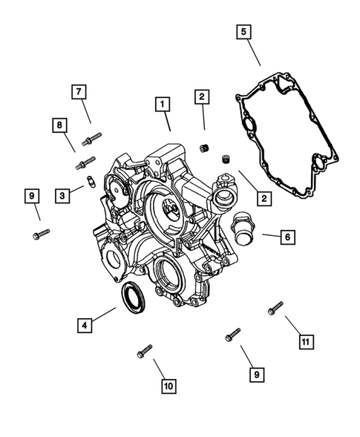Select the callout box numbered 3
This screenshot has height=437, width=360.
63,195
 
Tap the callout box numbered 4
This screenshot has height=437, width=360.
86,324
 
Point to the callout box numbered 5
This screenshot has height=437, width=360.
243,32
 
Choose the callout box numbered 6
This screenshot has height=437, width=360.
287,237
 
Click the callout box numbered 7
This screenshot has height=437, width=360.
78,91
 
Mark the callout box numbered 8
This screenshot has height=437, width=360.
58,125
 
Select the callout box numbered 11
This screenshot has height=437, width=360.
304,341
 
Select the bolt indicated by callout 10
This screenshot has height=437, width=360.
144,352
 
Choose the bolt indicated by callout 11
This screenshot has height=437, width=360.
275,308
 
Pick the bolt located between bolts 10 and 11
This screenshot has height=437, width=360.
233,335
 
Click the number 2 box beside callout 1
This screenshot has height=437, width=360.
201,96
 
